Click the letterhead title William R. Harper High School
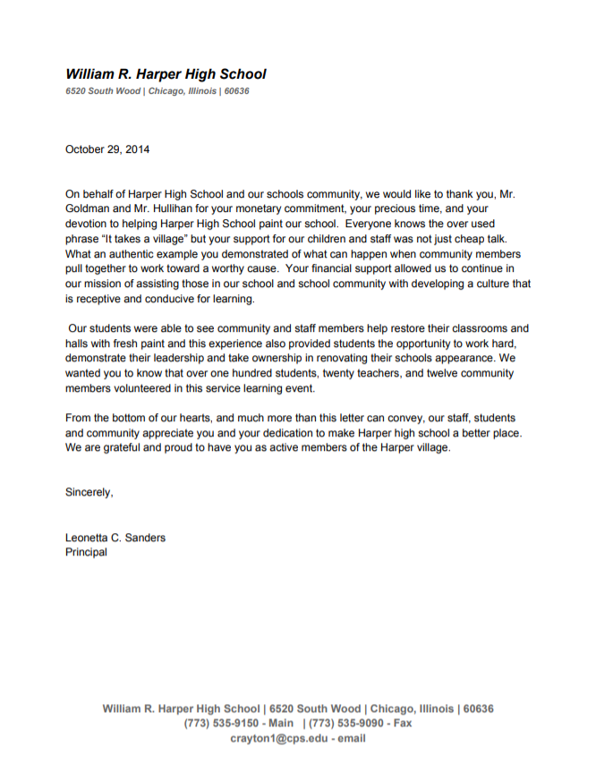coord(166,75)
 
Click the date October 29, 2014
coord(107,149)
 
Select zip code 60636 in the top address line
coord(236,91)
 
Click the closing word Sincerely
coord(89,492)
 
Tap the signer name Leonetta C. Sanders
coord(115,538)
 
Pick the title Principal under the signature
coord(86,552)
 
